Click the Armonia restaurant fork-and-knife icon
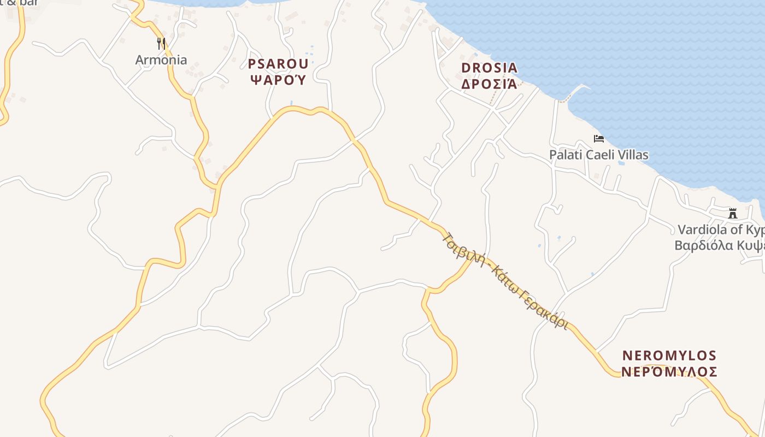(161, 44)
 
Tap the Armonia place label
(161, 60)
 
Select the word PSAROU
(278, 64)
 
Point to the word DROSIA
(489, 68)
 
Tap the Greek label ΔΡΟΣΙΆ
(489, 84)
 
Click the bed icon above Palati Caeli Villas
(599, 139)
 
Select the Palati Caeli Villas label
(599, 155)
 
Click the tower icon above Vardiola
(733, 214)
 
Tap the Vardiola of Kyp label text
(721, 229)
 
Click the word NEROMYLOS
(669, 356)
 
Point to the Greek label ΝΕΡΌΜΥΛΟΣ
(669, 372)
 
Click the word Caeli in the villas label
(599, 155)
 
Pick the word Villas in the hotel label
(632, 155)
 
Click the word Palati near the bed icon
(566, 155)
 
